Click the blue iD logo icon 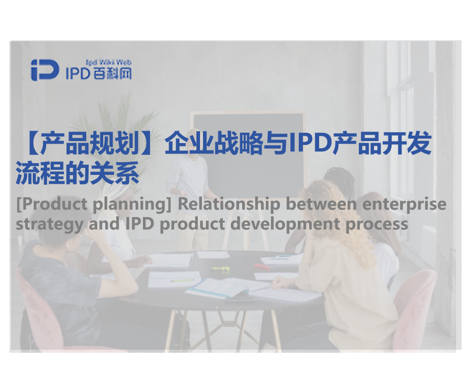tap(45, 70)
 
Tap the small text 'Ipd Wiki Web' tap(109, 63)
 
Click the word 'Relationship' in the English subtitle tap(229, 204)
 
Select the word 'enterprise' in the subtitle tap(404, 205)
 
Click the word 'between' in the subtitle tap(321, 204)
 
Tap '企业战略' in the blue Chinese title tap(214, 144)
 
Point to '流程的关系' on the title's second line tap(77, 173)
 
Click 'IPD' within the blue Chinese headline tap(310, 144)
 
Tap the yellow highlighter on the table tap(221, 269)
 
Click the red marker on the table tap(262, 266)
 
